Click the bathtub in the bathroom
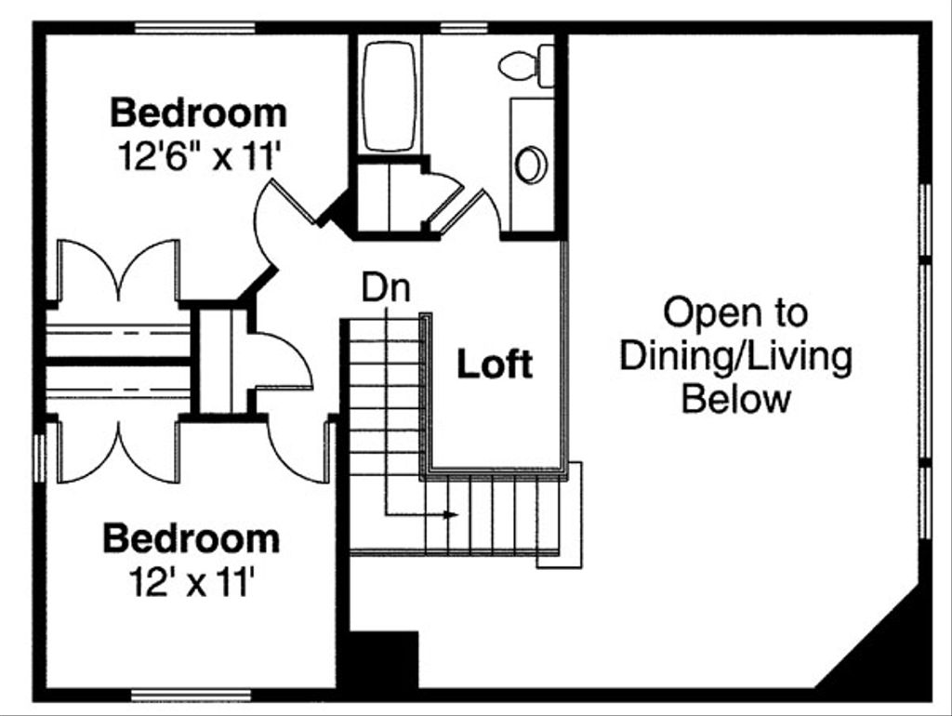(390, 95)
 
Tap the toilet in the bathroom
(526, 66)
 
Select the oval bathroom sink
(531, 165)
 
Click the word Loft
(495, 365)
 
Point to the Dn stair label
(386, 288)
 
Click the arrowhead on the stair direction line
(452, 514)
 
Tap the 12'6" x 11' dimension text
(199, 155)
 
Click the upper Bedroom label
(199, 113)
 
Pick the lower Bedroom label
(191, 539)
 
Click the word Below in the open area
(736, 400)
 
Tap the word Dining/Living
(735, 356)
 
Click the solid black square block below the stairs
(383, 659)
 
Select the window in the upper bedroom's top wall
(194, 28)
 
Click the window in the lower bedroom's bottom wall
(191, 695)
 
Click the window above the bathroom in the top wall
(456, 28)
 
